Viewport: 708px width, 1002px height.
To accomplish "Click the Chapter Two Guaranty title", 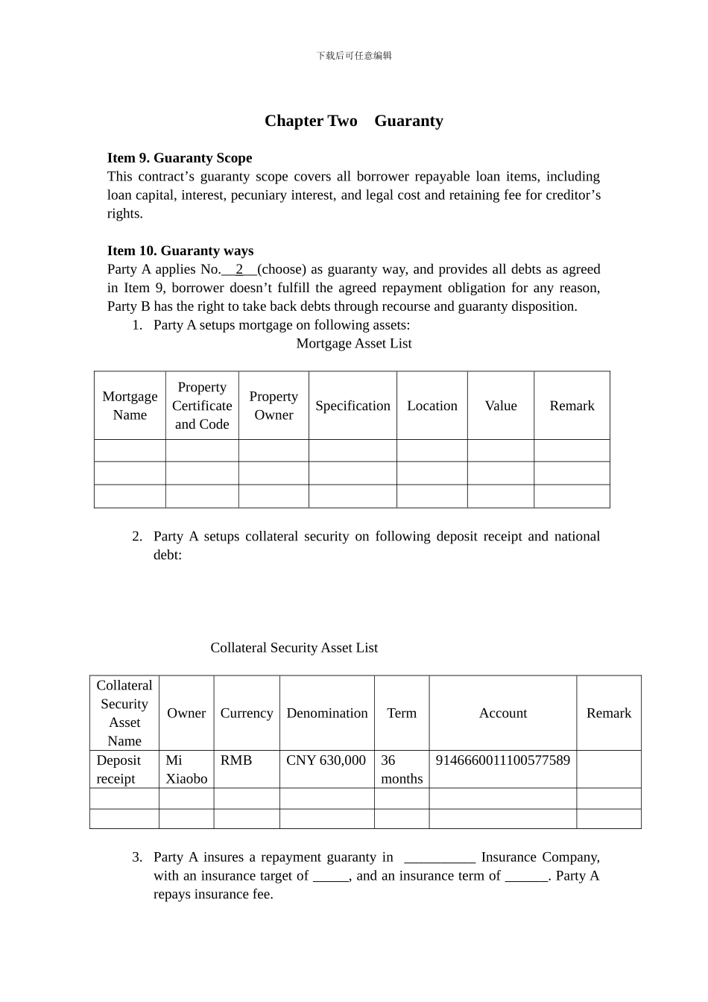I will pyautogui.click(x=354, y=121).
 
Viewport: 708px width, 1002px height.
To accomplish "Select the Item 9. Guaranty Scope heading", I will pyautogui.click(x=180, y=158).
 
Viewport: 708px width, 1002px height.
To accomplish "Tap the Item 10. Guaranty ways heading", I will pyautogui.click(x=180, y=251).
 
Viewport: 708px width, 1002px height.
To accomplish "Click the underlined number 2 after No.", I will pyautogui.click(x=239, y=270).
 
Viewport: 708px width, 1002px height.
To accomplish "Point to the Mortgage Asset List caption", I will pyautogui.click(x=354, y=344).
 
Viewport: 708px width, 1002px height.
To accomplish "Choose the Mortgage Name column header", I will pyautogui.click(x=130, y=406).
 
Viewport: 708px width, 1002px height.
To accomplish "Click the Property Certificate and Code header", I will pyautogui.click(x=202, y=406).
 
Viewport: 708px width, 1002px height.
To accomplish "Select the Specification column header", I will pyautogui.click(x=353, y=406).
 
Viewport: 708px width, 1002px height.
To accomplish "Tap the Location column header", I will pyautogui.click(x=432, y=406).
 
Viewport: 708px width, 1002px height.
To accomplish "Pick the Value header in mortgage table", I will pyautogui.click(x=501, y=406).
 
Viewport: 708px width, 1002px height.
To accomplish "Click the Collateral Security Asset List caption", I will pyautogui.click(x=294, y=648).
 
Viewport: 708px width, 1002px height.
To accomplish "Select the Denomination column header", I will pyautogui.click(x=327, y=713).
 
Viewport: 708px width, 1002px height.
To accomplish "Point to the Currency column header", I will pyautogui.click(x=247, y=713).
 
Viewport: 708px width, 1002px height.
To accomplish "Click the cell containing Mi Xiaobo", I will pyautogui.click(x=186, y=769).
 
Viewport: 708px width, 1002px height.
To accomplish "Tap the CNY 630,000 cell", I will pyautogui.click(x=326, y=760).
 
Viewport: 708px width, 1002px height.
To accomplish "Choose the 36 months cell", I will pyautogui.click(x=402, y=769).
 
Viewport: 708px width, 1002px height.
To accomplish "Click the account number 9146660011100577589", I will pyautogui.click(x=503, y=760).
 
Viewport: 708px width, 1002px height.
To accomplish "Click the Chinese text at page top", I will pyautogui.click(x=354, y=56).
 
